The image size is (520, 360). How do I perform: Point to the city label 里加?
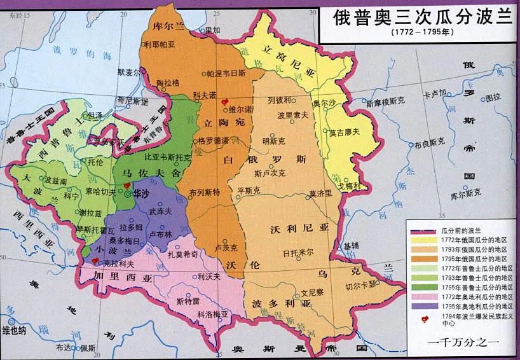[x=212, y=30]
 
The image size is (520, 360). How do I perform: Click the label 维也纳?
[x=15, y=329]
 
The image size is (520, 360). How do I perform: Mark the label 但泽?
[x=95, y=114]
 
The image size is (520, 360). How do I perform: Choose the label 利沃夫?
[x=209, y=276]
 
